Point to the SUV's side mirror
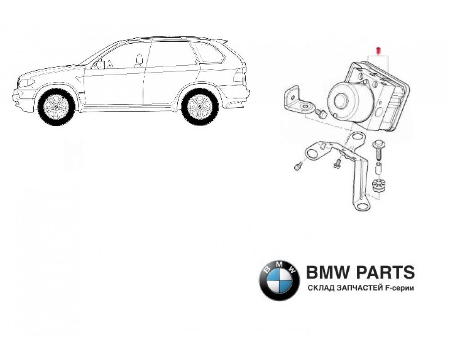point(99,64)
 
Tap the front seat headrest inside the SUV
point(139,58)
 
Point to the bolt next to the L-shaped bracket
point(321,113)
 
